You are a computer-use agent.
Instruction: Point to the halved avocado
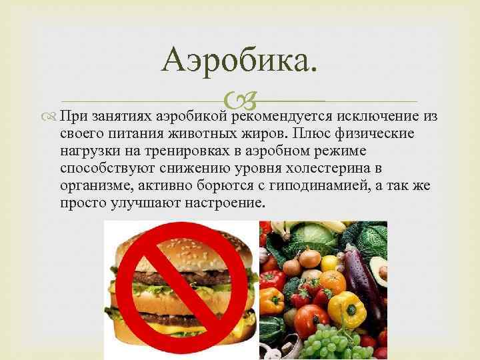(x=379, y=267)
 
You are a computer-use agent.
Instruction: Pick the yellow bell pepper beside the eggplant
(x=347, y=308)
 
